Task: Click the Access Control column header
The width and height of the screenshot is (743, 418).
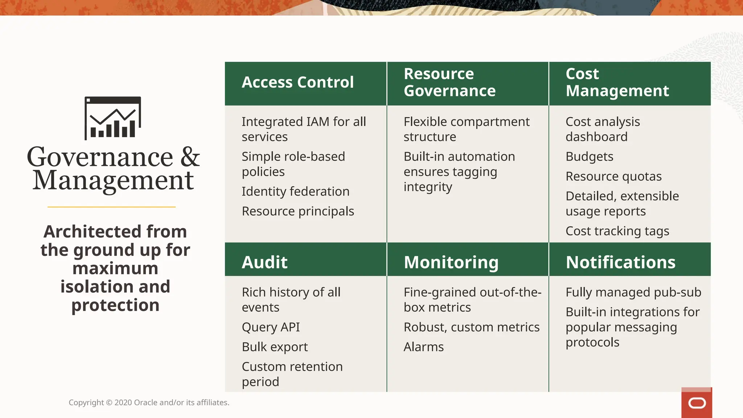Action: (x=297, y=82)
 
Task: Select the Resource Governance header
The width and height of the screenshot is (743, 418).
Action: (x=450, y=82)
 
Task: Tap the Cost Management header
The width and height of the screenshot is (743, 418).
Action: (x=617, y=82)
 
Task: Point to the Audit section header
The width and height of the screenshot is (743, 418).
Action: (x=264, y=262)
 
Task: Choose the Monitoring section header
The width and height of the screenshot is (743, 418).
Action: (x=451, y=262)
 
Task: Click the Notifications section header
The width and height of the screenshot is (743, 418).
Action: (x=620, y=262)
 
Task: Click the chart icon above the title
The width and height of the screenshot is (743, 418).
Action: (x=113, y=118)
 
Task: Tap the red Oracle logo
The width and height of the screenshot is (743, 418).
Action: (x=697, y=403)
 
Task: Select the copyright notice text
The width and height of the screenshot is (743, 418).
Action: (x=149, y=402)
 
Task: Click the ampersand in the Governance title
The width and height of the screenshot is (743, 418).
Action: (x=190, y=157)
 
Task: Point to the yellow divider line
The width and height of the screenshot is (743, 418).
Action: (x=112, y=207)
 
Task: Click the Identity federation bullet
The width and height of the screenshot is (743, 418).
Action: (x=295, y=192)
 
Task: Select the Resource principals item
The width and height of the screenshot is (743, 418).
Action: (x=298, y=211)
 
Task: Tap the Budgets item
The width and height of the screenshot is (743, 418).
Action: (x=589, y=157)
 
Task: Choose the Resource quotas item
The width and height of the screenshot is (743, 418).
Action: (x=613, y=176)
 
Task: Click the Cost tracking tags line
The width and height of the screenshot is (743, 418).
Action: (x=617, y=231)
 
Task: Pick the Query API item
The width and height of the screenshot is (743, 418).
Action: (x=271, y=327)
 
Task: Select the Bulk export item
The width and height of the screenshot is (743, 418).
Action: (x=275, y=347)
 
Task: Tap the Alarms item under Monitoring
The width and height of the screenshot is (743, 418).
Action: (x=423, y=347)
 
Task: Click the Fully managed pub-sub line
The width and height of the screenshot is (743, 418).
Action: (x=633, y=292)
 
